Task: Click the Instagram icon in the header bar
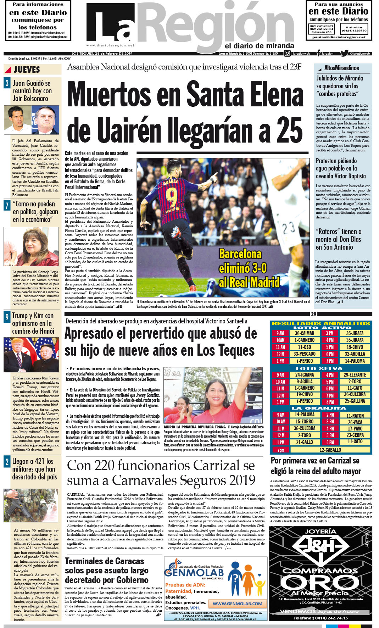[287, 54]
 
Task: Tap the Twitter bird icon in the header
[344, 54]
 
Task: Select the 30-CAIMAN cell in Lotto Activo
[304, 333]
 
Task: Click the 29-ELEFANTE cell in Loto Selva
[355, 375]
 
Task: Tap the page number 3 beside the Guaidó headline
[7, 83]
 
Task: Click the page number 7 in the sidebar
[7, 205]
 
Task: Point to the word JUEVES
[27, 70]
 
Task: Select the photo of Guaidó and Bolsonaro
[32, 120]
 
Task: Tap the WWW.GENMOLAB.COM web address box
[237, 603]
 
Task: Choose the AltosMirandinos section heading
[341, 68]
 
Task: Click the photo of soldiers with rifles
[31, 505]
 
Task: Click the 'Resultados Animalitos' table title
[321, 323]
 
